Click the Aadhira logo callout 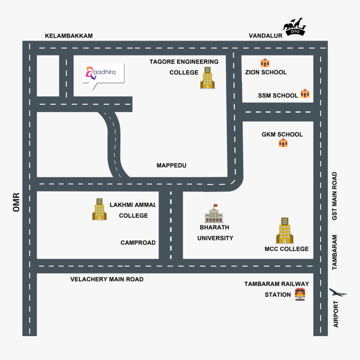[103, 74]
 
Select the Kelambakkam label [69, 36]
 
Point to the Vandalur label [265, 36]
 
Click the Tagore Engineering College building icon [207, 78]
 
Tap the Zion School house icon [265, 63]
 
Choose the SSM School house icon [305, 94]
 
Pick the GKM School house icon [283, 143]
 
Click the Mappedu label [171, 166]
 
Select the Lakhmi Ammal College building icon [99, 209]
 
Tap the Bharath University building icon [214, 214]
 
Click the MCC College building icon [284, 230]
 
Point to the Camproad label [138, 243]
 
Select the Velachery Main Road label [107, 279]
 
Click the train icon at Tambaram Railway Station [300, 294]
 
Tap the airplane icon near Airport [338, 292]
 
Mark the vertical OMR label [17, 202]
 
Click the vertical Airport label [336, 314]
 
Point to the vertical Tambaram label [335, 252]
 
